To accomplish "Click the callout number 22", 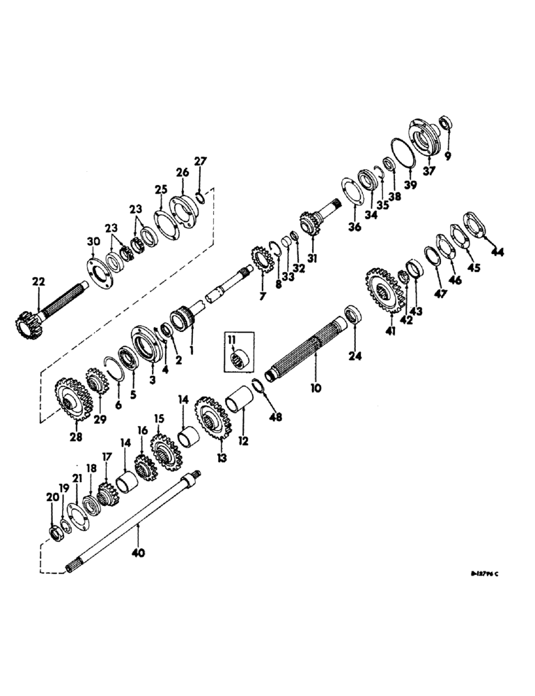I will click(x=38, y=280).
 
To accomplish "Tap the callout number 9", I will click(x=448, y=157).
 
